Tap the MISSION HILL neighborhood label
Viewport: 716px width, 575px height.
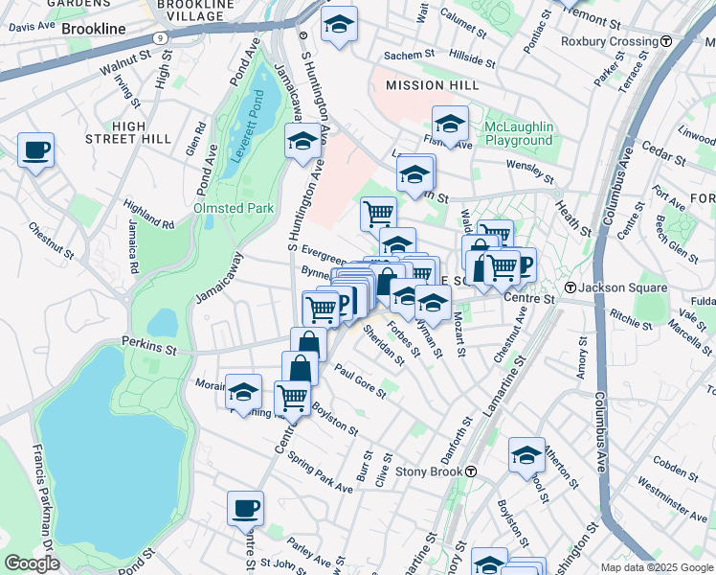coord(432,85)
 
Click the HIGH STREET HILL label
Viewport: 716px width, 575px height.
coord(141,132)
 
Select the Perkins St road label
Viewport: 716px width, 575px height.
coord(149,342)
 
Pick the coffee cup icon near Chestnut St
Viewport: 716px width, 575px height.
coord(35,149)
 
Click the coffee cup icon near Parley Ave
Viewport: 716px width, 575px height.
coord(245,508)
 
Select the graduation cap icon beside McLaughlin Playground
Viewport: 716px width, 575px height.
coord(450,124)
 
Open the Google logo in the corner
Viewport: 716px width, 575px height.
coord(32,563)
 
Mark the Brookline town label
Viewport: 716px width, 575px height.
coord(93,29)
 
